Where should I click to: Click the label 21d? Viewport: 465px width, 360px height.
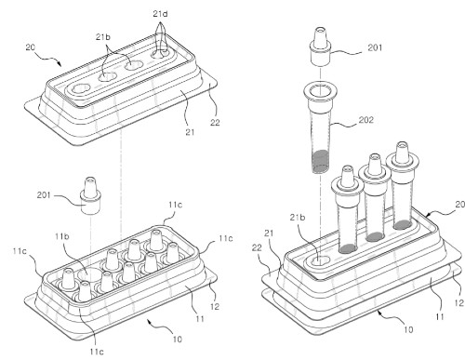161,14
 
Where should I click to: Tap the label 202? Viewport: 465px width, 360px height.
366,120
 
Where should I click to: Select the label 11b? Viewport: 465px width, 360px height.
62,236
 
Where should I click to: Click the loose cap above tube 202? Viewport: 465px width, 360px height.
320,47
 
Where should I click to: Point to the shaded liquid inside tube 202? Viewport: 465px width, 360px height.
320,161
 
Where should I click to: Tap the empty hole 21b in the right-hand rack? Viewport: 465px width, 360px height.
320,260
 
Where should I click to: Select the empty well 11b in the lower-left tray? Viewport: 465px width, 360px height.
88,274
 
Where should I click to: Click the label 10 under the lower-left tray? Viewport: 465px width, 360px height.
177,340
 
